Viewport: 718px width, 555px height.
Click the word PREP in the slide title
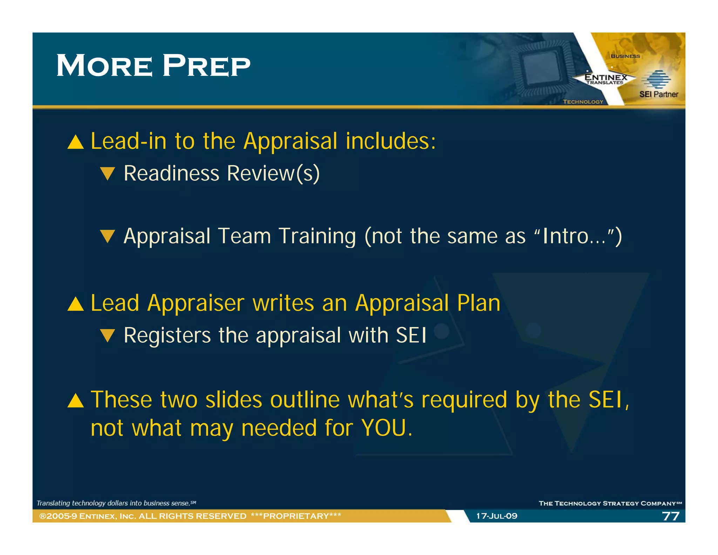[x=206, y=66]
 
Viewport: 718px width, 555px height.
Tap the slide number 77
[x=670, y=516]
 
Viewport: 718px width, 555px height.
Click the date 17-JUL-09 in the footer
[x=496, y=516]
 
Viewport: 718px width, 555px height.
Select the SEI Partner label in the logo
[x=658, y=94]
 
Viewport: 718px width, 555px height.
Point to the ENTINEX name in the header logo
[x=606, y=77]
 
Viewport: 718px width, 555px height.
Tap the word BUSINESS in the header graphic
[x=625, y=56]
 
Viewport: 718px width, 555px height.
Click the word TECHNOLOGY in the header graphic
[x=583, y=102]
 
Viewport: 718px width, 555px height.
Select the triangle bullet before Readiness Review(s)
[x=107, y=174]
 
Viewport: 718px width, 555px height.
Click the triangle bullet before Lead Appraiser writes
[x=76, y=304]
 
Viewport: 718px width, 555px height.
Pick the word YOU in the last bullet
[x=384, y=428]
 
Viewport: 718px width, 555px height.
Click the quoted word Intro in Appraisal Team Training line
[x=565, y=236]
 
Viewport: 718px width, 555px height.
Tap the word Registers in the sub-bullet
[x=167, y=335]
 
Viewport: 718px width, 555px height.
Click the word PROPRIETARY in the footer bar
[x=296, y=516]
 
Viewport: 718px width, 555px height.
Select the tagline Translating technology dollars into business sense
[x=116, y=503]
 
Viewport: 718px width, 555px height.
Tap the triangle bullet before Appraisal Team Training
[x=107, y=236]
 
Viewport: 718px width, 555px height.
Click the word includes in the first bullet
[x=390, y=141]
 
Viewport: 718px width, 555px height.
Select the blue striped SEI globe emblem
[x=656, y=79]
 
